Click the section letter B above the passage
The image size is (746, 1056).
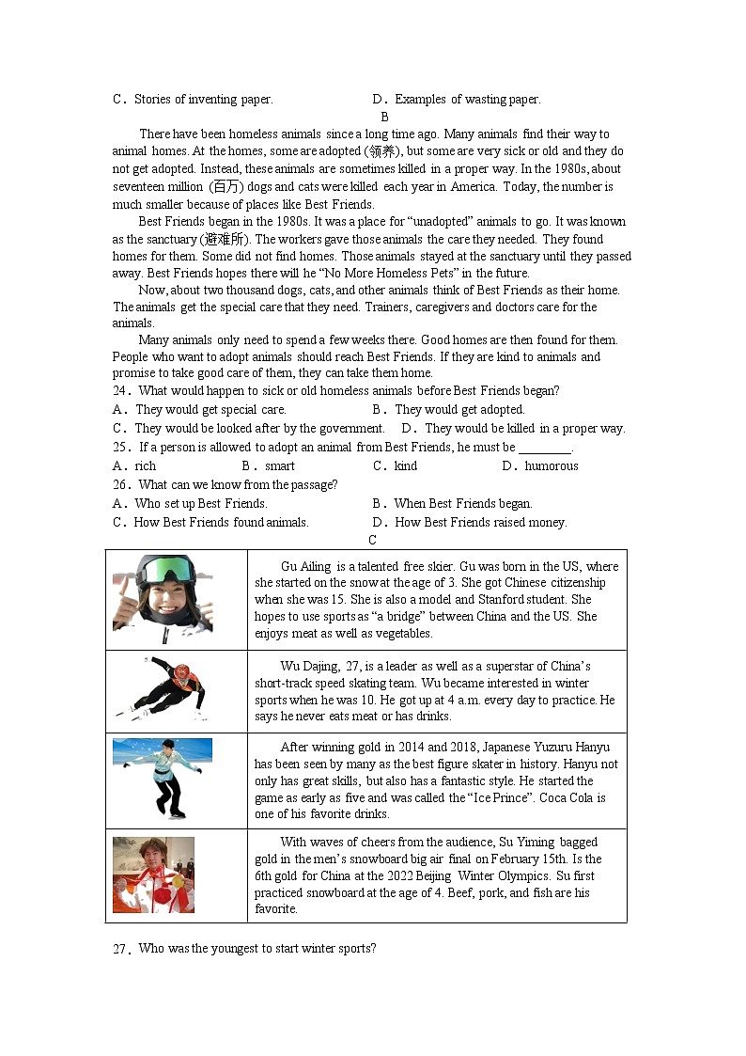pyautogui.click(x=384, y=117)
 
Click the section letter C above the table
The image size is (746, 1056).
pyautogui.click(x=372, y=540)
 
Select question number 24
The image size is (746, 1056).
pyautogui.click(x=120, y=391)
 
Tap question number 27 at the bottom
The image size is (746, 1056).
pyautogui.click(x=120, y=949)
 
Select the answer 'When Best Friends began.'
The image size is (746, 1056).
pyautogui.click(x=462, y=504)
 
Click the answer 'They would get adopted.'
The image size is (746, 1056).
pyautogui.click(x=458, y=410)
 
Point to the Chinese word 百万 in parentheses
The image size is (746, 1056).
pyautogui.click(x=225, y=186)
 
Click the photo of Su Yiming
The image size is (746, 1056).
pyautogui.click(x=153, y=875)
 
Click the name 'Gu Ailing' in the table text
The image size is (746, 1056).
pyautogui.click(x=305, y=566)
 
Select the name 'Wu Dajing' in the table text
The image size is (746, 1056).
pyautogui.click(x=309, y=667)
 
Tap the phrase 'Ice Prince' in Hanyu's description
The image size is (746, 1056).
pyautogui.click(x=506, y=798)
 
